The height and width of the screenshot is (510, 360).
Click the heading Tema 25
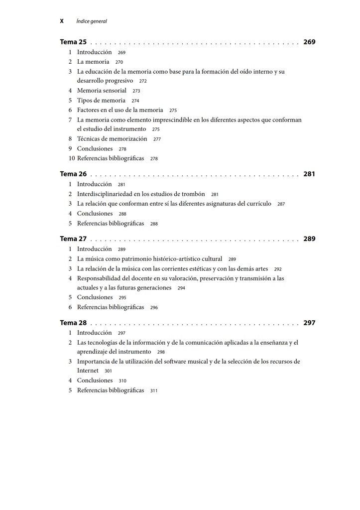coord(73,42)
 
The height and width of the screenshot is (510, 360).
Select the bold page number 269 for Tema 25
coord(309,42)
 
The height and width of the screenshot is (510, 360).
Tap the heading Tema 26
coord(73,174)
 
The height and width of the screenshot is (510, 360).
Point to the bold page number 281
coord(309,174)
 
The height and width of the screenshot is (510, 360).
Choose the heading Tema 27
coord(73,239)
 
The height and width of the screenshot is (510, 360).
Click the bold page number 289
coord(309,239)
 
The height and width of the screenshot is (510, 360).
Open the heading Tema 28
coord(73,323)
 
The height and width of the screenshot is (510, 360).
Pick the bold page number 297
coord(309,323)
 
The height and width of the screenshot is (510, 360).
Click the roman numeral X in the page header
coord(62,21)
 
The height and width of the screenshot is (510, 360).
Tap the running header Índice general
coord(92,21)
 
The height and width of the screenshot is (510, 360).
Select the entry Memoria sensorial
coord(102,91)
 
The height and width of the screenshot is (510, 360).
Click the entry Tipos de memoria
coord(101,101)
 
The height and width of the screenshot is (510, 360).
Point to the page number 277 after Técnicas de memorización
coord(157,139)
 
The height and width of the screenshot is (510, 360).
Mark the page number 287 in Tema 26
coord(281,204)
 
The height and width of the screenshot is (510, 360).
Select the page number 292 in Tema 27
coord(278,269)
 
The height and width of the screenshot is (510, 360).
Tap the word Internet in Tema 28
coord(88,371)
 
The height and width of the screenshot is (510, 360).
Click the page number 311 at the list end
coord(154,391)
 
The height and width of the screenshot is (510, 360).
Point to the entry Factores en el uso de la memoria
coord(120,110)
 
